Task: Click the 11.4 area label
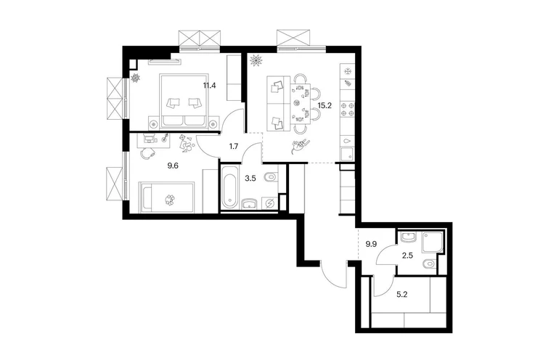[210, 85]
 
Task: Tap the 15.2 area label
[324, 105]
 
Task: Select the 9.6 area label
[173, 166]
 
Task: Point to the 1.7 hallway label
[234, 146]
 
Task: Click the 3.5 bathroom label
[250, 179]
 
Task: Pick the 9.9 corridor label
[371, 244]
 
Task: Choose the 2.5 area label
[407, 256]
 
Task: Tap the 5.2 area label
[402, 295]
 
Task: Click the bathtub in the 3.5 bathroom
[229, 187]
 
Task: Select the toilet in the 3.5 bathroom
[272, 177]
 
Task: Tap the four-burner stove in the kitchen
[348, 109]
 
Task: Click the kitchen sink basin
[347, 155]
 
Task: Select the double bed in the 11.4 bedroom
[184, 101]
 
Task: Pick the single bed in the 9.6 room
[167, 198]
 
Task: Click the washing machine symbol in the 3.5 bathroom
[269, 203]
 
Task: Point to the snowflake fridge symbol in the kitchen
[348, 71]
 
